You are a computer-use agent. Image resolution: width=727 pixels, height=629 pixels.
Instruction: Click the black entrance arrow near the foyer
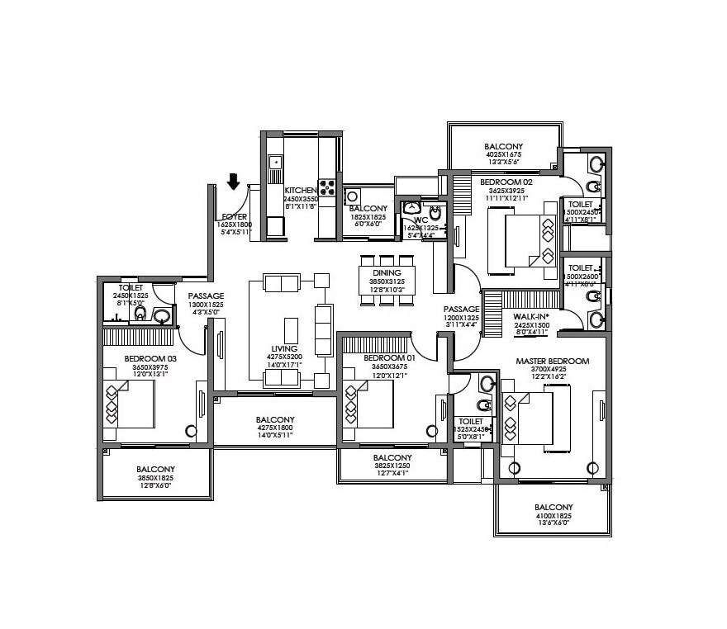coord(234,181)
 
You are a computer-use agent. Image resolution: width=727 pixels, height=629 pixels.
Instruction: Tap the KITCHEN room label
coord(300,190)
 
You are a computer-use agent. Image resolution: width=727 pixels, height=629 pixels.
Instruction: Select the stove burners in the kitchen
coord(327,187)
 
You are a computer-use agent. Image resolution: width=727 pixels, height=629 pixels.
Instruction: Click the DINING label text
coord(387,273)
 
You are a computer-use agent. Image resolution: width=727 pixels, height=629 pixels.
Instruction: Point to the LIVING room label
coord(283,349)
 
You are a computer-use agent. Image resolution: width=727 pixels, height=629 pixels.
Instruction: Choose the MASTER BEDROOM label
coord(552,362)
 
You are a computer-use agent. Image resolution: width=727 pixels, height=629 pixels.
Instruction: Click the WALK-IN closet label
coord(531,316)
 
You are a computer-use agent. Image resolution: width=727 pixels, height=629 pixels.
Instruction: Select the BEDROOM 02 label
coord(505,182)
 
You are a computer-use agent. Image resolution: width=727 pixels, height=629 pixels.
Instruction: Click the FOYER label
coord(235,216)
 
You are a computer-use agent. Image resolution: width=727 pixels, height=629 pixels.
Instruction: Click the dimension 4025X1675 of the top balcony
coord(503,155)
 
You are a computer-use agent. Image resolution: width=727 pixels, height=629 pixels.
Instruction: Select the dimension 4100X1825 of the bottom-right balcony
coord(553,516)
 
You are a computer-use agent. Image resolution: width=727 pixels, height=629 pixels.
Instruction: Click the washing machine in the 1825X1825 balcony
coord(353,196)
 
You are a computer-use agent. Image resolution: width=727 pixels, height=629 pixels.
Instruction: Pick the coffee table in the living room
coord(291,329)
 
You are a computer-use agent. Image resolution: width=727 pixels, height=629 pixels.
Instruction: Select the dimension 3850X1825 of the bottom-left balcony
coord(155,477)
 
